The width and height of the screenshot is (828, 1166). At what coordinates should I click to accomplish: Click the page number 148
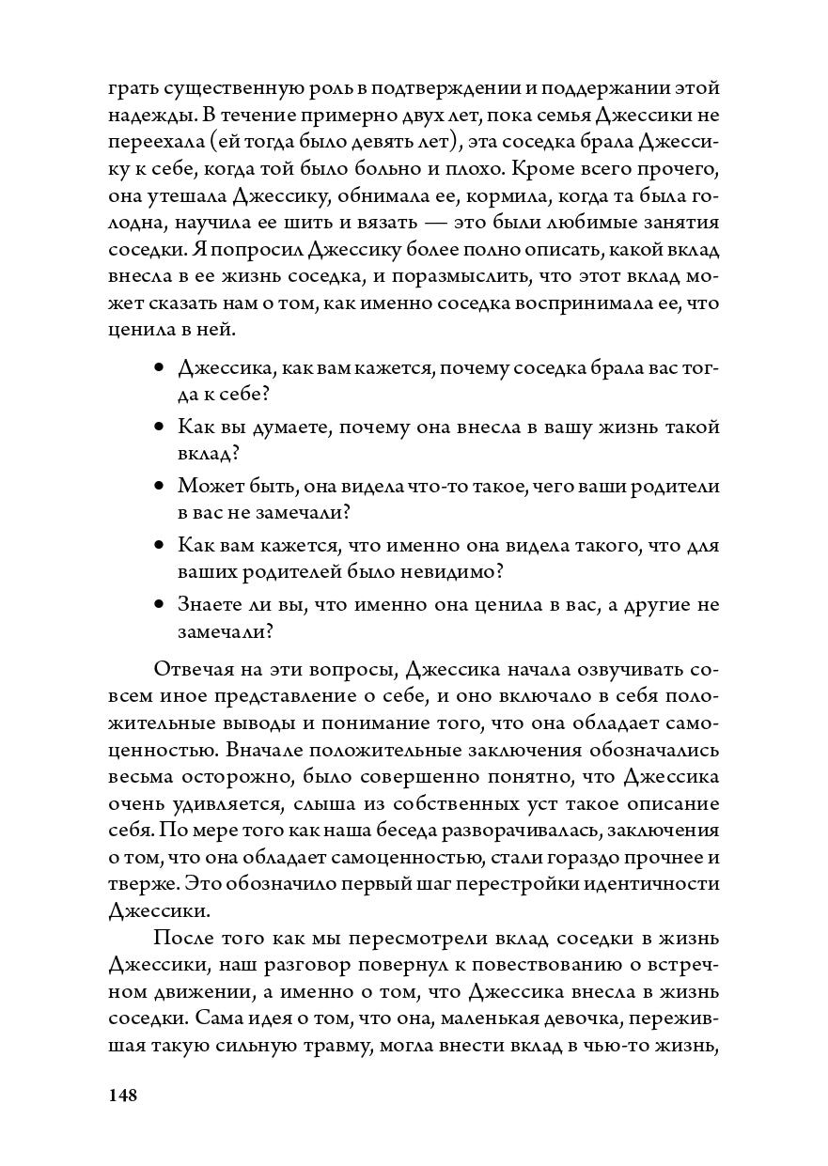click(123, 1095)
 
